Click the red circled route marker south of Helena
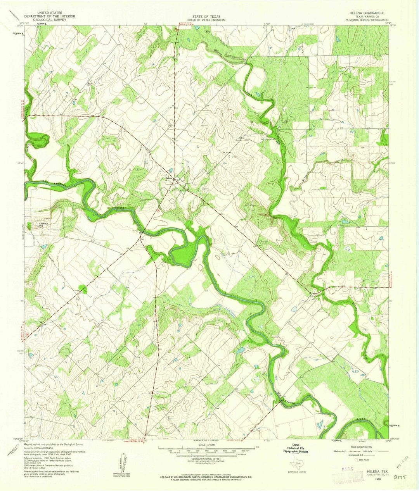click(x=158, y=210)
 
